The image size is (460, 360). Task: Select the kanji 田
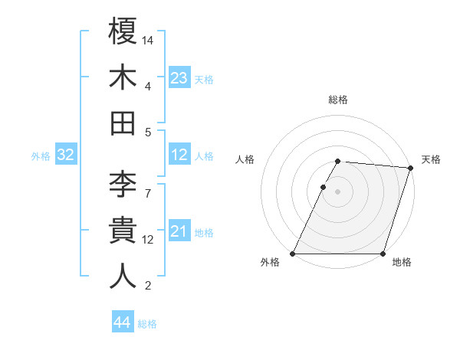point(123,123)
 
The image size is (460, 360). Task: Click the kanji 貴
point(123,230)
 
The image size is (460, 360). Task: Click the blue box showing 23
point(179,77)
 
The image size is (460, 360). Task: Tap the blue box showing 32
point(65,155)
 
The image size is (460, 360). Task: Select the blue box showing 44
point(123,323)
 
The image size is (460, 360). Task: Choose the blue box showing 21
point(179,231)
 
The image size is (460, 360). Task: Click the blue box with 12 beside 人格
point(179,155)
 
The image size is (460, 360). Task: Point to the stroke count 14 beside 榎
point(148,39)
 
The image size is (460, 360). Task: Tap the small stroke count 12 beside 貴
point(148,239)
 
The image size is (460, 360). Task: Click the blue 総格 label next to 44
point(147,324)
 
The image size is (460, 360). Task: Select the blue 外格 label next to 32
point(41,156)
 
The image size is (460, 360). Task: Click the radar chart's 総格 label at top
point(338,100)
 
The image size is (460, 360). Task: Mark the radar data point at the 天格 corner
point(410,168)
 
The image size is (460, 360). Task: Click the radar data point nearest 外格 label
point(293,254)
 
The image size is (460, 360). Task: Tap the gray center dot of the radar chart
point(338,192)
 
